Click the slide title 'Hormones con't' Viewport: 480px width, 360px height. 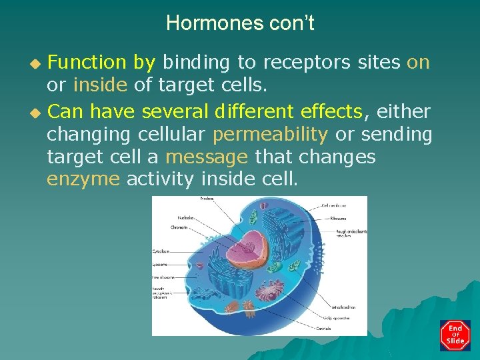240,24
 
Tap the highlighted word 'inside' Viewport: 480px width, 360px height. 100,85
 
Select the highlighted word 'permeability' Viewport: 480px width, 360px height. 270,134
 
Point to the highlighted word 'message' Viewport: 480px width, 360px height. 207,158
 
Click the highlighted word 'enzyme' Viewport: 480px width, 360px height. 84,179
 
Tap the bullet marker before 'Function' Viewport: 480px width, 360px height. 37,63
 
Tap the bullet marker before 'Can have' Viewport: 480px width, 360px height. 37,111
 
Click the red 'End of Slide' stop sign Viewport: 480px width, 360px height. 455,335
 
